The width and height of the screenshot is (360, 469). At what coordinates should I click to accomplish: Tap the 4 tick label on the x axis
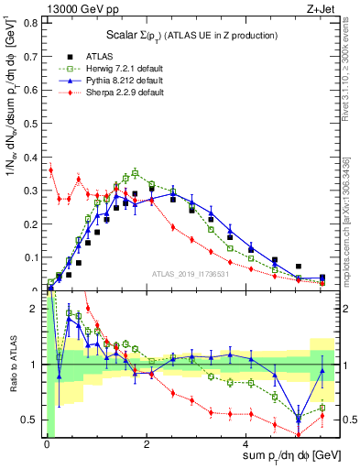[x=247, y=444]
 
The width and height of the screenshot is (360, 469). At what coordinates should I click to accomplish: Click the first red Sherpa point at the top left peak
[x=51, y=169]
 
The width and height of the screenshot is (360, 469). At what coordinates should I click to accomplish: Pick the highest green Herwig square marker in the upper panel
[x=135, y=172]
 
